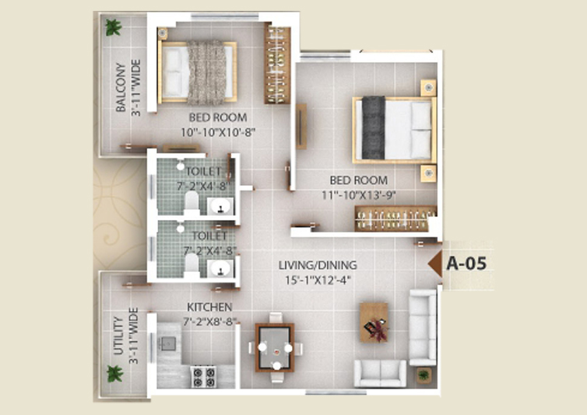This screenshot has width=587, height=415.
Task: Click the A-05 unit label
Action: (x=466, y=263)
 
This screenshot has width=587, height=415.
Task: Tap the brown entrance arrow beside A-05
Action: (x=435, y=263)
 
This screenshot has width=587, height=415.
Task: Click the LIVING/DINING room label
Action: (x=318, y=265)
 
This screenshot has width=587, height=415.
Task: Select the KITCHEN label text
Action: (x=209, y=307)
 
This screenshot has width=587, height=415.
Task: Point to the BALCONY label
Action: (x=121, y=88)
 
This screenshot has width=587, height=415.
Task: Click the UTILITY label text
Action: (x=118, y=336)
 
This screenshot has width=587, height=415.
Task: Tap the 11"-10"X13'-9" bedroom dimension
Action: (x=359, y=195)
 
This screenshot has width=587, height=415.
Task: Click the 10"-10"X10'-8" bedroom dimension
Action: (x=218, y=132)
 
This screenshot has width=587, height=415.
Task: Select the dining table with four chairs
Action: (x=275, y=347)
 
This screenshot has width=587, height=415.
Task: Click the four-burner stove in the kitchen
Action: (x=204, y=376)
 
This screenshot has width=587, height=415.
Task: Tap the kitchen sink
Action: (x=168, y=343)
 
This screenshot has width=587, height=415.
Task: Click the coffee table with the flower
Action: (x=374, y=323)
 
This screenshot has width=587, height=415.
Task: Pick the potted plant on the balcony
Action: (x=113, y=27)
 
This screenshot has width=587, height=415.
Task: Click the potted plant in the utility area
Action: (x=114, y=374)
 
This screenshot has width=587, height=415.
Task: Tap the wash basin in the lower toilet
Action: (x=221, y=268)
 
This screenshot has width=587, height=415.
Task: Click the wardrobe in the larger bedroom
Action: (x=395, y=218)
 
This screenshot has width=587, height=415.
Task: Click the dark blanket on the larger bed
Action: (x=373, y=128)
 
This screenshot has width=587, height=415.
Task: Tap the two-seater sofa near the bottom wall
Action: (x=381, y=373)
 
